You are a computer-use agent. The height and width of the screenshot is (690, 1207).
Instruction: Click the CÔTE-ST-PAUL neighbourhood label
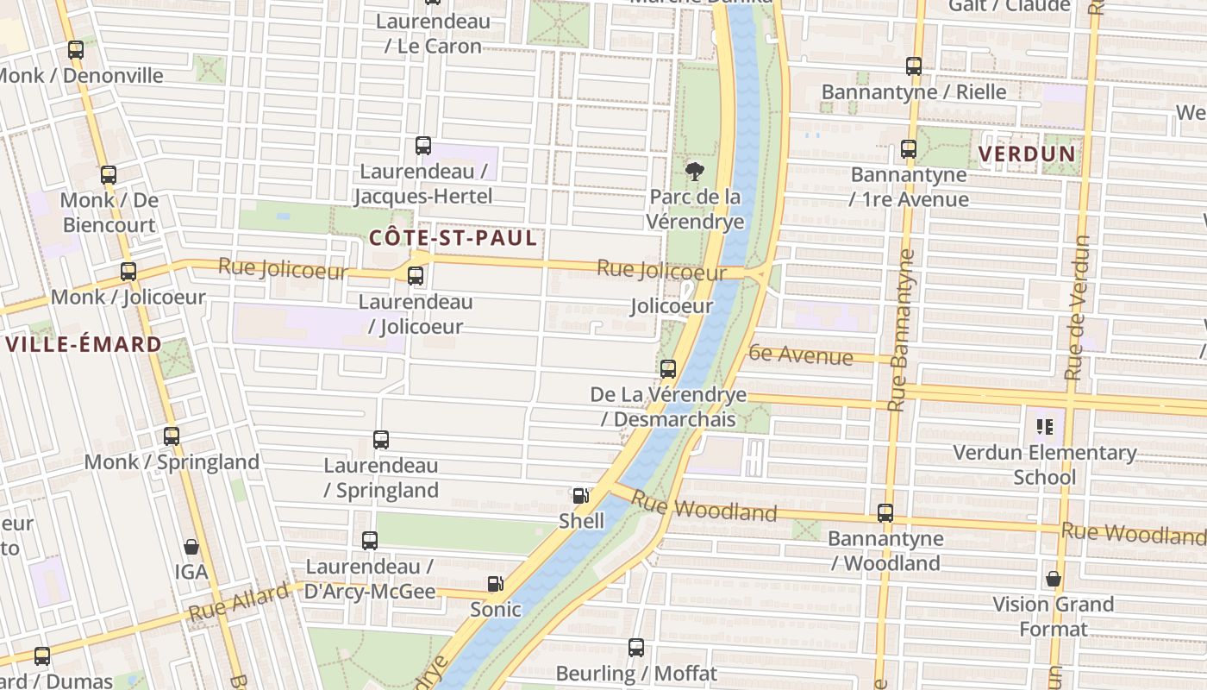coord(453,239)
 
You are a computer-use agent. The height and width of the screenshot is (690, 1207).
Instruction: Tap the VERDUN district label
coord(1027,154)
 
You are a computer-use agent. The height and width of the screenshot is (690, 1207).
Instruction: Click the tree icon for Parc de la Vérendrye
coord(694,172)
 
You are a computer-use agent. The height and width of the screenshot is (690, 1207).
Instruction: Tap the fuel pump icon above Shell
coord(581,496)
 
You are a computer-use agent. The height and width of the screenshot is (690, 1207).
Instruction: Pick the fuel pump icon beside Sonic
coord(495,584)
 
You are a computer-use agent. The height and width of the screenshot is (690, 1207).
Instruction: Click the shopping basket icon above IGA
coord(191,547)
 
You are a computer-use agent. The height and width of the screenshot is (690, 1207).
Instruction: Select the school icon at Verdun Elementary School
coord(1046,426)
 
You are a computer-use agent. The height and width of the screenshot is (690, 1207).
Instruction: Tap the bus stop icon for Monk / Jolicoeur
coord(128,272)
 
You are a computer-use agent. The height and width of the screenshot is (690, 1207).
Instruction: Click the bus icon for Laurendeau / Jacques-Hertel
coord(423,146)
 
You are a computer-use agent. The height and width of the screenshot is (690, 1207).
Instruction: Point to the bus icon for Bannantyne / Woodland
coord(885,513)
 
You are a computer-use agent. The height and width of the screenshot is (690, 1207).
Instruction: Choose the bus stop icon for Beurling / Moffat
coord(636,648)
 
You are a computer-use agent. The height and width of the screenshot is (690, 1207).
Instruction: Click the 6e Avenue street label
coord(801,354)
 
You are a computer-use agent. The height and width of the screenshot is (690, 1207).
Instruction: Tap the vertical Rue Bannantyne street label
coord(900,329)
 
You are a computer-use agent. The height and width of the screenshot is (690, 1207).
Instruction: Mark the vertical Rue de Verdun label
coord(1078,308)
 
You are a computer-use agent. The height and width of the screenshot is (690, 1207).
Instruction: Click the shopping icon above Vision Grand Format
coord(1054,579)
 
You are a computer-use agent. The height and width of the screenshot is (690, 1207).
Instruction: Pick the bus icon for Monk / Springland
coord(172,436)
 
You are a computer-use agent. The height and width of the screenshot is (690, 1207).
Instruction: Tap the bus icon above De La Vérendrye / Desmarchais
coord(668,370)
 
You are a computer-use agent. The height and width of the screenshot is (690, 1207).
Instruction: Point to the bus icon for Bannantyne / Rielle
coord(914,66)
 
